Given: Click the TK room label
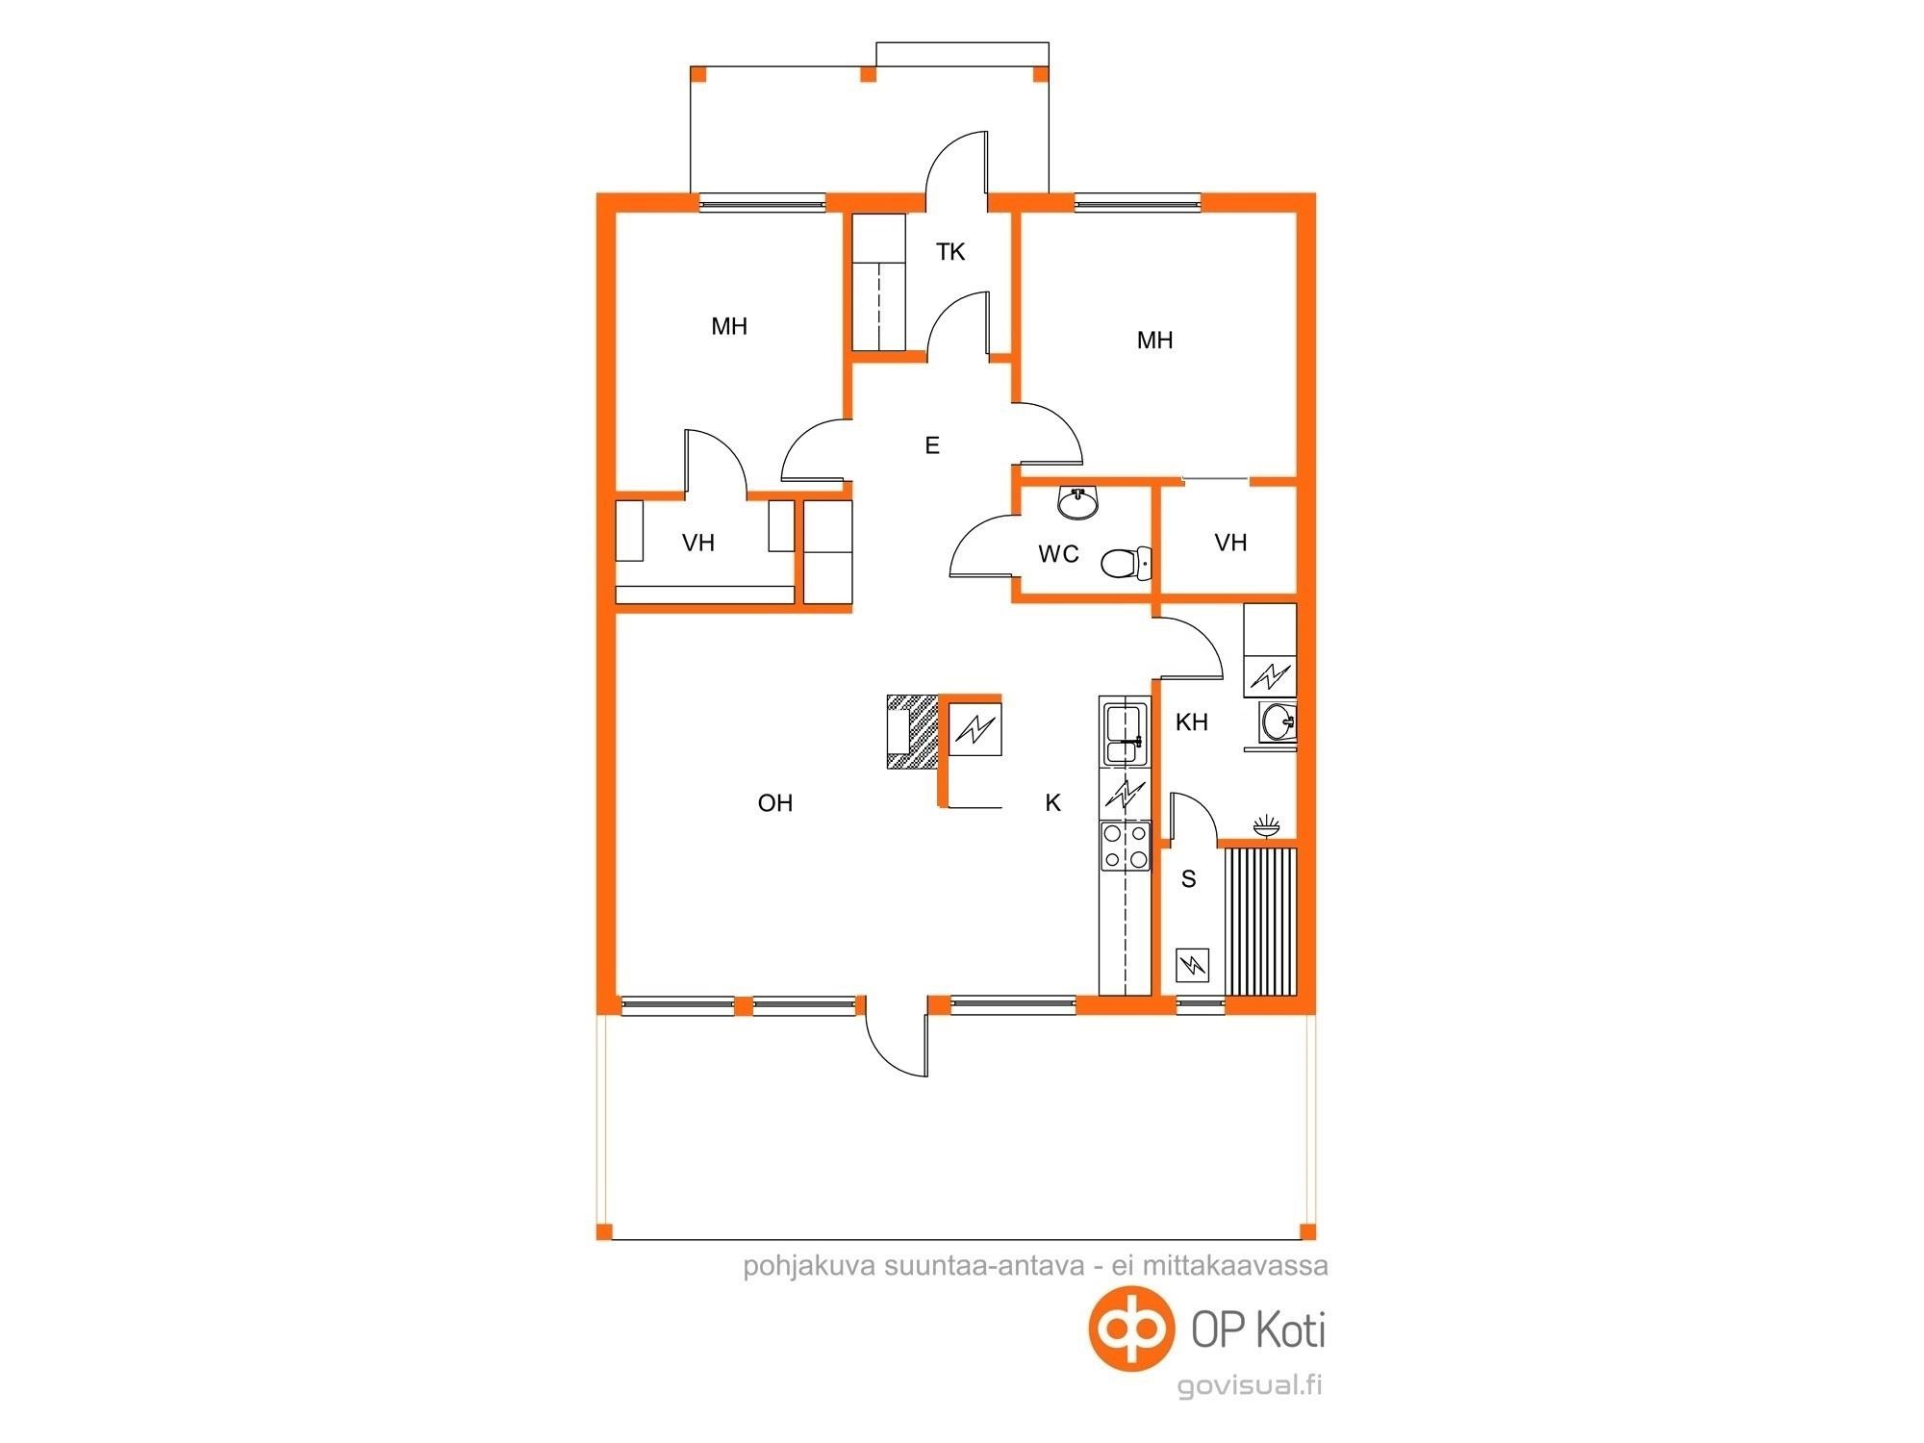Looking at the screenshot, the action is (950, 252).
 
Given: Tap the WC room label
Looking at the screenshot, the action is (1058, 554).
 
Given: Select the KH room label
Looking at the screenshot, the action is (1192, 722).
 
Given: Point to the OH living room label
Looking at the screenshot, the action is (775, 802).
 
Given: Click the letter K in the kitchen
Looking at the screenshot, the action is (1053, 802).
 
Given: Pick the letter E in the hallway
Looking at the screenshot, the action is (931, 445).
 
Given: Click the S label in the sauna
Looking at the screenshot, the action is (1189, 878).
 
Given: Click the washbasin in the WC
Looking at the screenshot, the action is (1079, 501).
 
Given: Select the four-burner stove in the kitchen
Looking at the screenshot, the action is (1125, 846).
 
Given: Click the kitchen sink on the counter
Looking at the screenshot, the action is (1125, 734).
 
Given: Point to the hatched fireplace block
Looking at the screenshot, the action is (912, 731).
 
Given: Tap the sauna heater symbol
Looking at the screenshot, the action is (1193, 965).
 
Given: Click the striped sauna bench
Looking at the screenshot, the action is (1258, 921).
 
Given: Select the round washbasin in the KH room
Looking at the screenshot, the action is (1278, 721).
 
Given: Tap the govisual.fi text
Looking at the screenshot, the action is (1250, 1385).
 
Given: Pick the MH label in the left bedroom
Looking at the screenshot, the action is (729, 327).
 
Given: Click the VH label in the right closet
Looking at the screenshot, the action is (1231, 543).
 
